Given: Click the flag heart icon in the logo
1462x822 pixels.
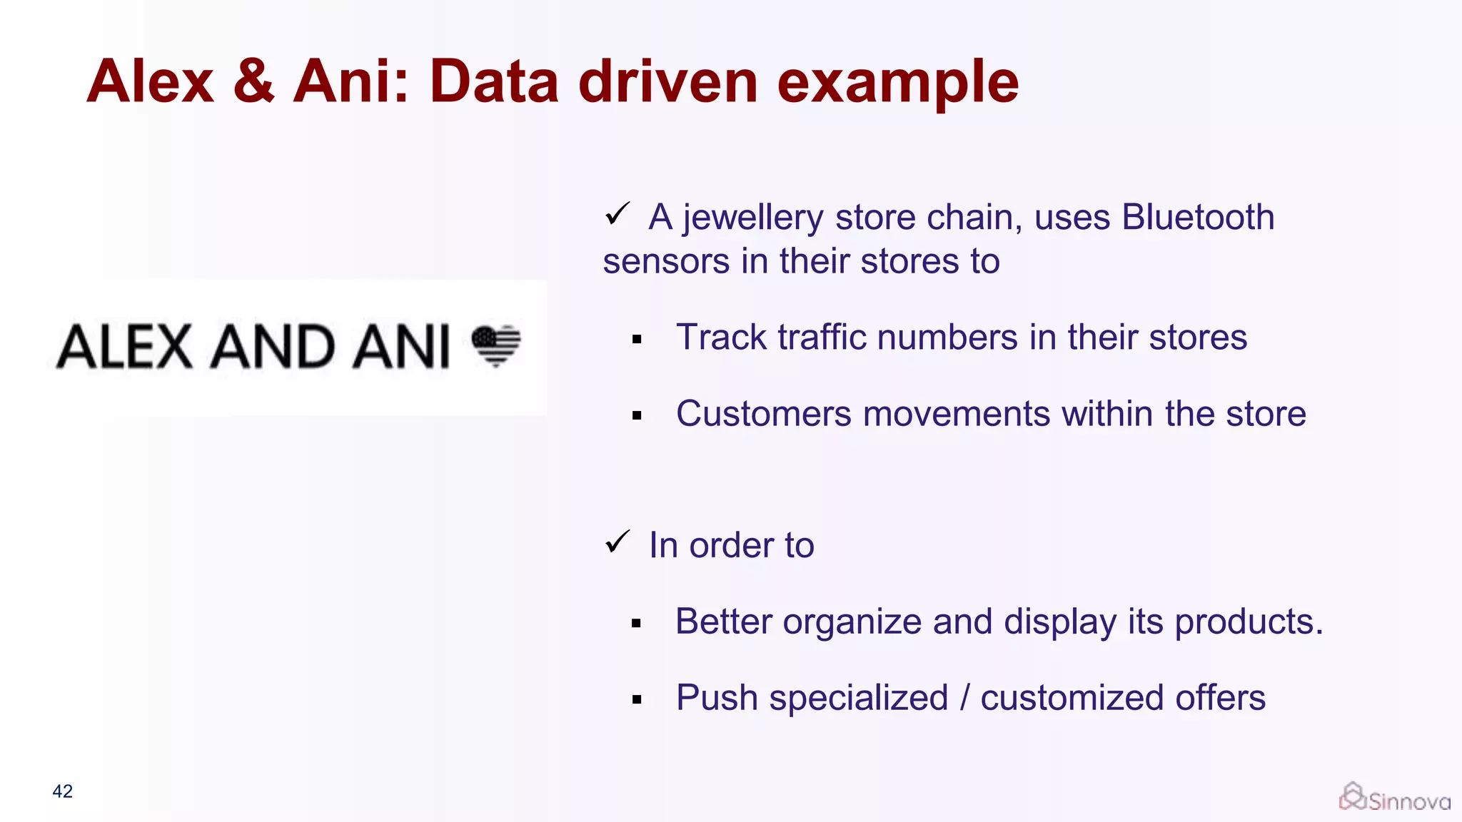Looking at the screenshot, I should point(496,345).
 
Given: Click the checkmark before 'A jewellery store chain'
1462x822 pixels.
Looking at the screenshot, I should point(617,213).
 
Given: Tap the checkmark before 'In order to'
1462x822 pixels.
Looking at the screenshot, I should point(617,542).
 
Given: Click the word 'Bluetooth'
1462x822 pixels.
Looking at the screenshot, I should point(1197,217).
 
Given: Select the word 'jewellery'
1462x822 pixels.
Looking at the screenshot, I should point(752,218).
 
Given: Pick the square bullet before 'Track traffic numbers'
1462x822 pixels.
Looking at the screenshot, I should point(637,340).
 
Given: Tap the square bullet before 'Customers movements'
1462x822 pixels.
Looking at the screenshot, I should point(637,416).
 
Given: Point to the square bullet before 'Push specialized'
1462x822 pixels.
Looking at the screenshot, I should point(637,700).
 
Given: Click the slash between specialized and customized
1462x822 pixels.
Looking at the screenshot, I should point(964,698).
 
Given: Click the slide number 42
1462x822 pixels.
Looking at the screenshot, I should point(62,791).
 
